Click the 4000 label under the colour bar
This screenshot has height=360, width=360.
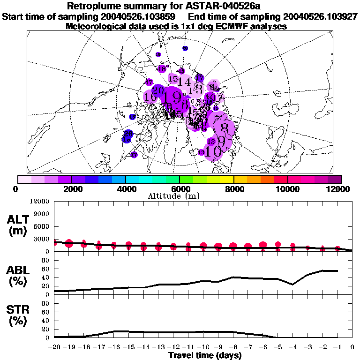click(x=126, y=188)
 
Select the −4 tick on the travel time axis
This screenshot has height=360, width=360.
click(x=292, y=347)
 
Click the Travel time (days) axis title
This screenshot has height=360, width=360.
click(x=205, y=355)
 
